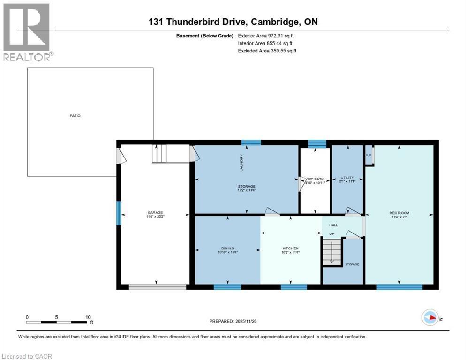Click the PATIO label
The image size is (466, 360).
click(75, 115)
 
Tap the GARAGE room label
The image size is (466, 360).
click(155, 212)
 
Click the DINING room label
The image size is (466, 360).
click(227, 248)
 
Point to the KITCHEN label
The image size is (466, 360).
click(290, 248)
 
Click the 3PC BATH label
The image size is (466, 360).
click(315, 179)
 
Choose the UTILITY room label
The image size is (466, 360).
click(347, 178)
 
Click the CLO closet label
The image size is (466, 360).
click(368, 155)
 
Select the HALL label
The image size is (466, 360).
click(333, 225)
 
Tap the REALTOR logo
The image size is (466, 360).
click(27, 32)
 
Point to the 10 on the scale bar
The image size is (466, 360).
click(88, 317)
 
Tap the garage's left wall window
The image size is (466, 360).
click(119, 212)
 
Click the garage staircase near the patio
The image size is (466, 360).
click(159, 153)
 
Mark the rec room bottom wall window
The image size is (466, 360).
click(399, 287)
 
